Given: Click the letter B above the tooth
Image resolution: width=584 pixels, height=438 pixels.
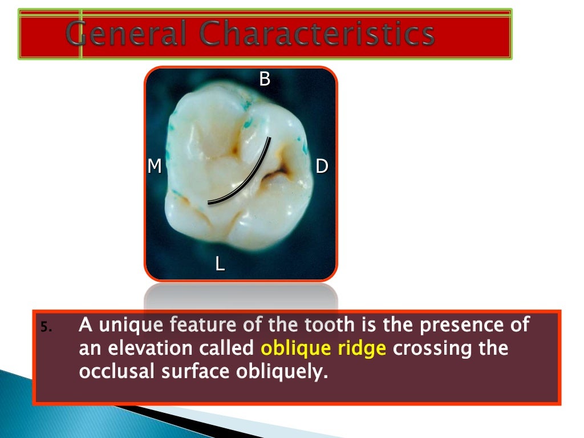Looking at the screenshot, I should (x=265, y=79).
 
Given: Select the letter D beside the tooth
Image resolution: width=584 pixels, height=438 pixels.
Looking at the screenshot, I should (x=322, y=166).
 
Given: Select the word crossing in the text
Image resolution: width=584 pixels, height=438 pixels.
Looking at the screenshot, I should (x=433, y=348).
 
